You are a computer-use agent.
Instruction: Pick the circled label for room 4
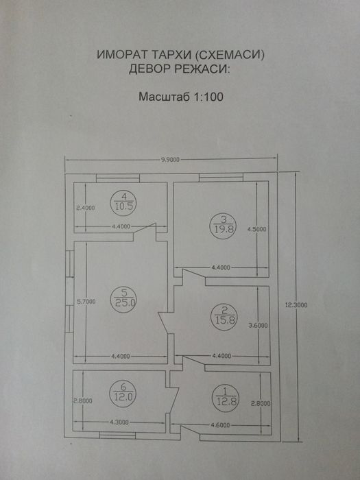point(124,200)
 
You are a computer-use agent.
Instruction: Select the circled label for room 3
point(224,224)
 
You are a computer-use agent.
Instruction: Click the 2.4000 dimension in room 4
point(84,206)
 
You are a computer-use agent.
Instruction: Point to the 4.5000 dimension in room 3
point(256,230)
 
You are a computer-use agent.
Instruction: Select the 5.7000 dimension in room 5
point(86,301)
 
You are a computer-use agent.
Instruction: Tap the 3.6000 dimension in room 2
point(256,325)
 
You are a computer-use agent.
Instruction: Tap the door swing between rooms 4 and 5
point(152,231)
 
